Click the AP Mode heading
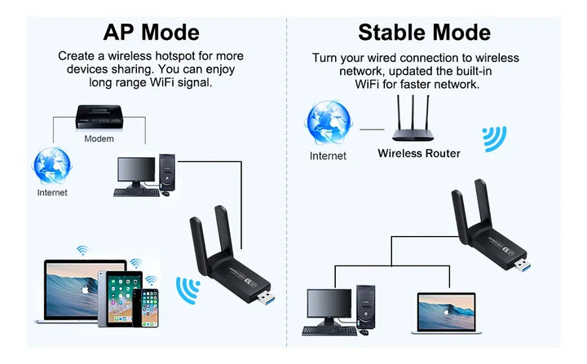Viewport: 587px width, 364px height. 151,32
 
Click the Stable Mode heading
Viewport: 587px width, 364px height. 424,32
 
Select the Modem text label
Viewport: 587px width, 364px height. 99,138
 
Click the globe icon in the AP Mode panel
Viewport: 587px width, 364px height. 52,165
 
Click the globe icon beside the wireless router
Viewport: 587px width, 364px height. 328,123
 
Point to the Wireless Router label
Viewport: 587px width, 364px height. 418,153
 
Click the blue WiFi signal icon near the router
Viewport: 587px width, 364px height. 494,138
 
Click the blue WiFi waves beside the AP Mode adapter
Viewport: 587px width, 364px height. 188,288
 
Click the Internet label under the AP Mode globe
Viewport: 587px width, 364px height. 52,193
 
